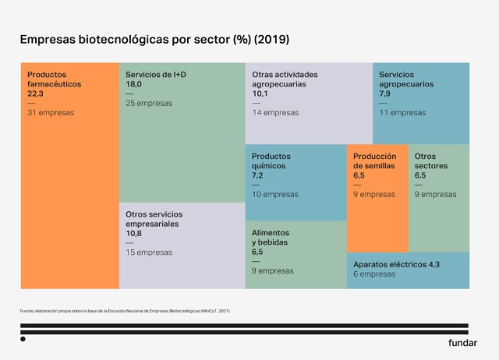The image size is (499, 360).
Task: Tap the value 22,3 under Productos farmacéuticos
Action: (x=37, y=93)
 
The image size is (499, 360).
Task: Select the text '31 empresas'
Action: (x=51, y=113)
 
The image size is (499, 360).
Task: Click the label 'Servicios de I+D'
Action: (x=156, y=75)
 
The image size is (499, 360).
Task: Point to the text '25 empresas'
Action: (x=149, y=103)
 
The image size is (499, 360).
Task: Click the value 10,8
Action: (x=136, y=233)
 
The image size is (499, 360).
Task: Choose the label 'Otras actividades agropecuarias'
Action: (x=285, y=79)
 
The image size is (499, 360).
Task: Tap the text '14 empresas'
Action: (x=275, y=113)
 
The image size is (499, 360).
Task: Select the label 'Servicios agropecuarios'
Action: (x=406, y=79)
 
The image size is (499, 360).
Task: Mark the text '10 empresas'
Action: (x=274, y=195)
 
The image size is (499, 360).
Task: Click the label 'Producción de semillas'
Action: (x=374, y=161)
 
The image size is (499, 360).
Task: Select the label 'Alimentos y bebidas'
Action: (x=271, y=238)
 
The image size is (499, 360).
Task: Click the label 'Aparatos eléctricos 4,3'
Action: (x=396, y=265)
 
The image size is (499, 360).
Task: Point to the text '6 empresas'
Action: (x=374, y=274)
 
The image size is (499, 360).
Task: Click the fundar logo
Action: (x=462, y=343)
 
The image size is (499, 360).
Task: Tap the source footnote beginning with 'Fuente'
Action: (x=125, y=311)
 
